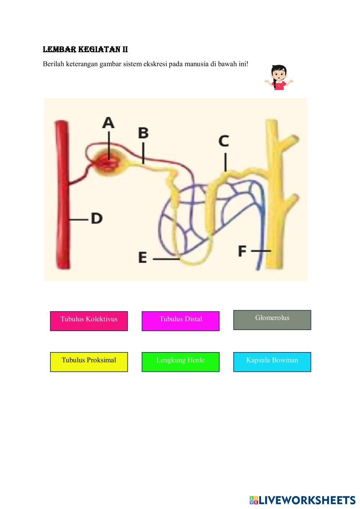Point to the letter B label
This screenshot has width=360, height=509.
coord(143,133)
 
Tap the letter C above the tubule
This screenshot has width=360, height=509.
coord(224,141)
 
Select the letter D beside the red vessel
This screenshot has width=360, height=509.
coord(96,218)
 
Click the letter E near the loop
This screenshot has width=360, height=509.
coord(143,258)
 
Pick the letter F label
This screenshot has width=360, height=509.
coord(242,251)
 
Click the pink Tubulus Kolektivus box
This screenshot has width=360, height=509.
coord(89,321)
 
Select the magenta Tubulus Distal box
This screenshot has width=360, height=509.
coord(180,321)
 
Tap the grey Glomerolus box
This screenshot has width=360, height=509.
coord(272,320)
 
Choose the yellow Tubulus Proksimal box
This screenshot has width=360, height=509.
coord(89,362)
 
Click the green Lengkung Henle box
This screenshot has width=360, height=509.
coord(180,362)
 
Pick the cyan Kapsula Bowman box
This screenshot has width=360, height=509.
coord(272,362)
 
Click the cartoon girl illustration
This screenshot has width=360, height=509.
coord(279,77)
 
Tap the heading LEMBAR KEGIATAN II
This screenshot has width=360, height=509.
coord(85,50)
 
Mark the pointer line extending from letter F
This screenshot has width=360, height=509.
coord(261,251)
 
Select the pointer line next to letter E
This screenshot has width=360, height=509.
coord(166,258)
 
